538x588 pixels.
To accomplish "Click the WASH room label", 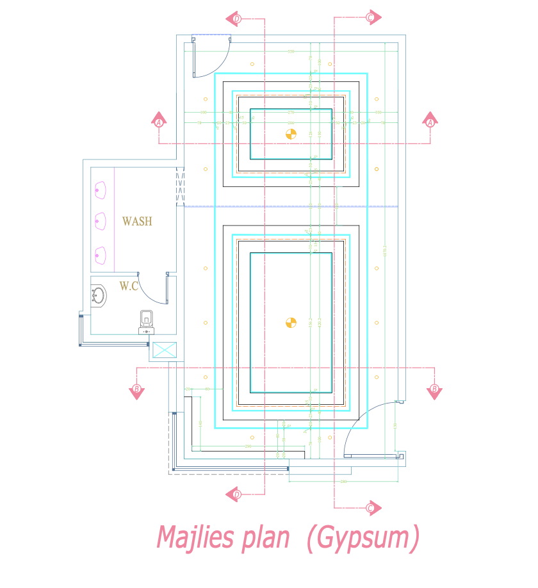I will [137, 222].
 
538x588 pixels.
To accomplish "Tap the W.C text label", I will [129, 286].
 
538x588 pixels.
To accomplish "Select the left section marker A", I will [159, 120].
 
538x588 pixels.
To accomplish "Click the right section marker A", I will [430, 120].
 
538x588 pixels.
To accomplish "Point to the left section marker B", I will [136, 390].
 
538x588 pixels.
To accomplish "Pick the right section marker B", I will [434, 390].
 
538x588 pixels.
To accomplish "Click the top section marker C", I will [371, 17].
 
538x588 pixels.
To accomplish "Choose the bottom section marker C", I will [371, 509].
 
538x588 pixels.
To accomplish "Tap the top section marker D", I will [235, 19].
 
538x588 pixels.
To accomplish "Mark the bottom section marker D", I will [235, 494].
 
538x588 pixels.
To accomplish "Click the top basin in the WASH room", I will [100, 189].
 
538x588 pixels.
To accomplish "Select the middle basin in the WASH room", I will [100, 222].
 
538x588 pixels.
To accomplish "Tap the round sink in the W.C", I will [99, 296].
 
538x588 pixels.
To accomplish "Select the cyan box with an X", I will [163, 350].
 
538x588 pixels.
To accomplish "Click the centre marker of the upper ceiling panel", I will [291, 134].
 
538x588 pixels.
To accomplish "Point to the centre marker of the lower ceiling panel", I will [291, 322].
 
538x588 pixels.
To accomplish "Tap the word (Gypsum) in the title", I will [363, 538].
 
